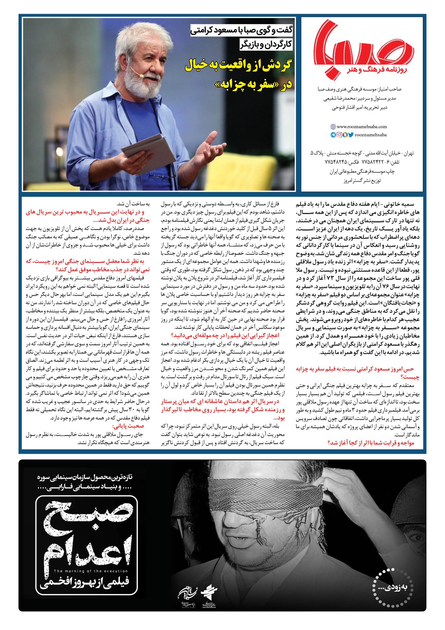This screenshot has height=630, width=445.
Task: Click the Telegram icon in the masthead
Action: [333, 135]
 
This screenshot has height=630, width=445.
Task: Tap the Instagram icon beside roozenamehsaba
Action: [339, 135]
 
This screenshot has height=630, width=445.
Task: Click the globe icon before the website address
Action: [333, 127]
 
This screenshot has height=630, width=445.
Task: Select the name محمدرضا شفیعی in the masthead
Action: [346, 99]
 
